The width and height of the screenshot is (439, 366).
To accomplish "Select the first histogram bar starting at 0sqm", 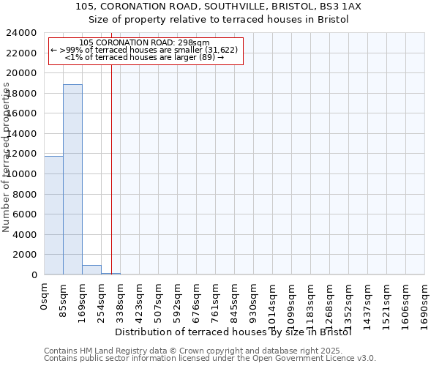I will click(x=53, y=215).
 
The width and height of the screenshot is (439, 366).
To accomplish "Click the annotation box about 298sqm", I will click(x=145, y=50).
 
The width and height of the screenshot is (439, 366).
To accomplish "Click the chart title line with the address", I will click(x=219, y=6).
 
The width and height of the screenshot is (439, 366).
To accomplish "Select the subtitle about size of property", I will click(x=219, y=19).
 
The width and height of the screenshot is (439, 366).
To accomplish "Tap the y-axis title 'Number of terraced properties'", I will click(x=7, y=157).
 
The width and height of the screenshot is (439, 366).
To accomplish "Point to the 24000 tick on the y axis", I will click(x=22, y=33).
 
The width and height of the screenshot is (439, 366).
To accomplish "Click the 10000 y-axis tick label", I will click(x=22, y=174).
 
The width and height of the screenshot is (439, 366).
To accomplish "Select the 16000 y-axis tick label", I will click(x=22, y=113).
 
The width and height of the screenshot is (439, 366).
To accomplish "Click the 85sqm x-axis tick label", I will click(x=64, y=299).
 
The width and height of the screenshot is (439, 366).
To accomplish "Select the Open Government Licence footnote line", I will click(x=210, y=359).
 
